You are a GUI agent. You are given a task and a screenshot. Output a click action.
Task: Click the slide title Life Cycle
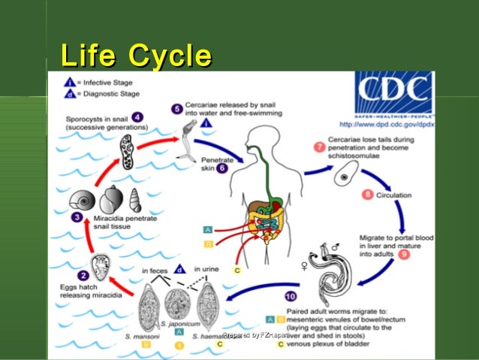pyautogui.click(x=135, y=56)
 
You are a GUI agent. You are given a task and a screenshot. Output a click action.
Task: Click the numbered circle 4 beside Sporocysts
pyautogui.click(x=137, y=116)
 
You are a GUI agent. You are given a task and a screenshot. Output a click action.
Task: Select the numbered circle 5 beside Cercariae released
pyautogui.click(x=176, y=108)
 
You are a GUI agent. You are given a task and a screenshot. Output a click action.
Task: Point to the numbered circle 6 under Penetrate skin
pyautogui.click(x=221, y=168)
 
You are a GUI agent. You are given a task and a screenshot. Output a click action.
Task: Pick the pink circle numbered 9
pyautogui.click(x=404, y=255)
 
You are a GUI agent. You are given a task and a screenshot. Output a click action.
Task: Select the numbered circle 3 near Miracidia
pyautogui.click(x=77, y=217)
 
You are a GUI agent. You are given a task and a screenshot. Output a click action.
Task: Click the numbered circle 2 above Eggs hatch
pyautogui.click(x=84, y=275)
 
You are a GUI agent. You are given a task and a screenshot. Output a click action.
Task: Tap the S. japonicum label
pyautogui.click(x=179, y=325)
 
